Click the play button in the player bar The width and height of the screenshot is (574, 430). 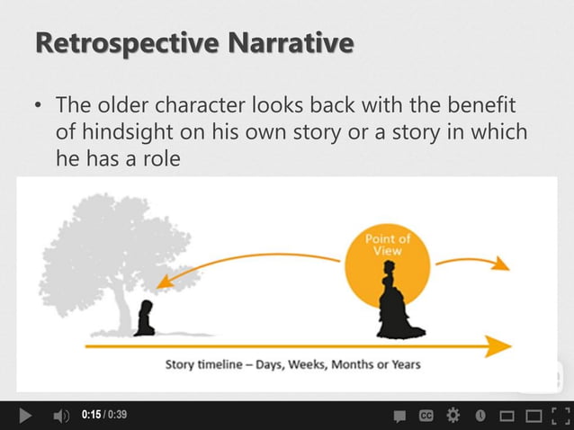coord(26,416)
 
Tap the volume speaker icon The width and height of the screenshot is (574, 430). coord(60,416)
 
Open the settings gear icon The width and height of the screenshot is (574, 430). coord(453,416)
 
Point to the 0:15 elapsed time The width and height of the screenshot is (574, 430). coord(89,415)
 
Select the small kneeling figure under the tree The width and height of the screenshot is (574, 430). coord(143,321)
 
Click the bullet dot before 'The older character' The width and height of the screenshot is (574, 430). coord(38,106)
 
